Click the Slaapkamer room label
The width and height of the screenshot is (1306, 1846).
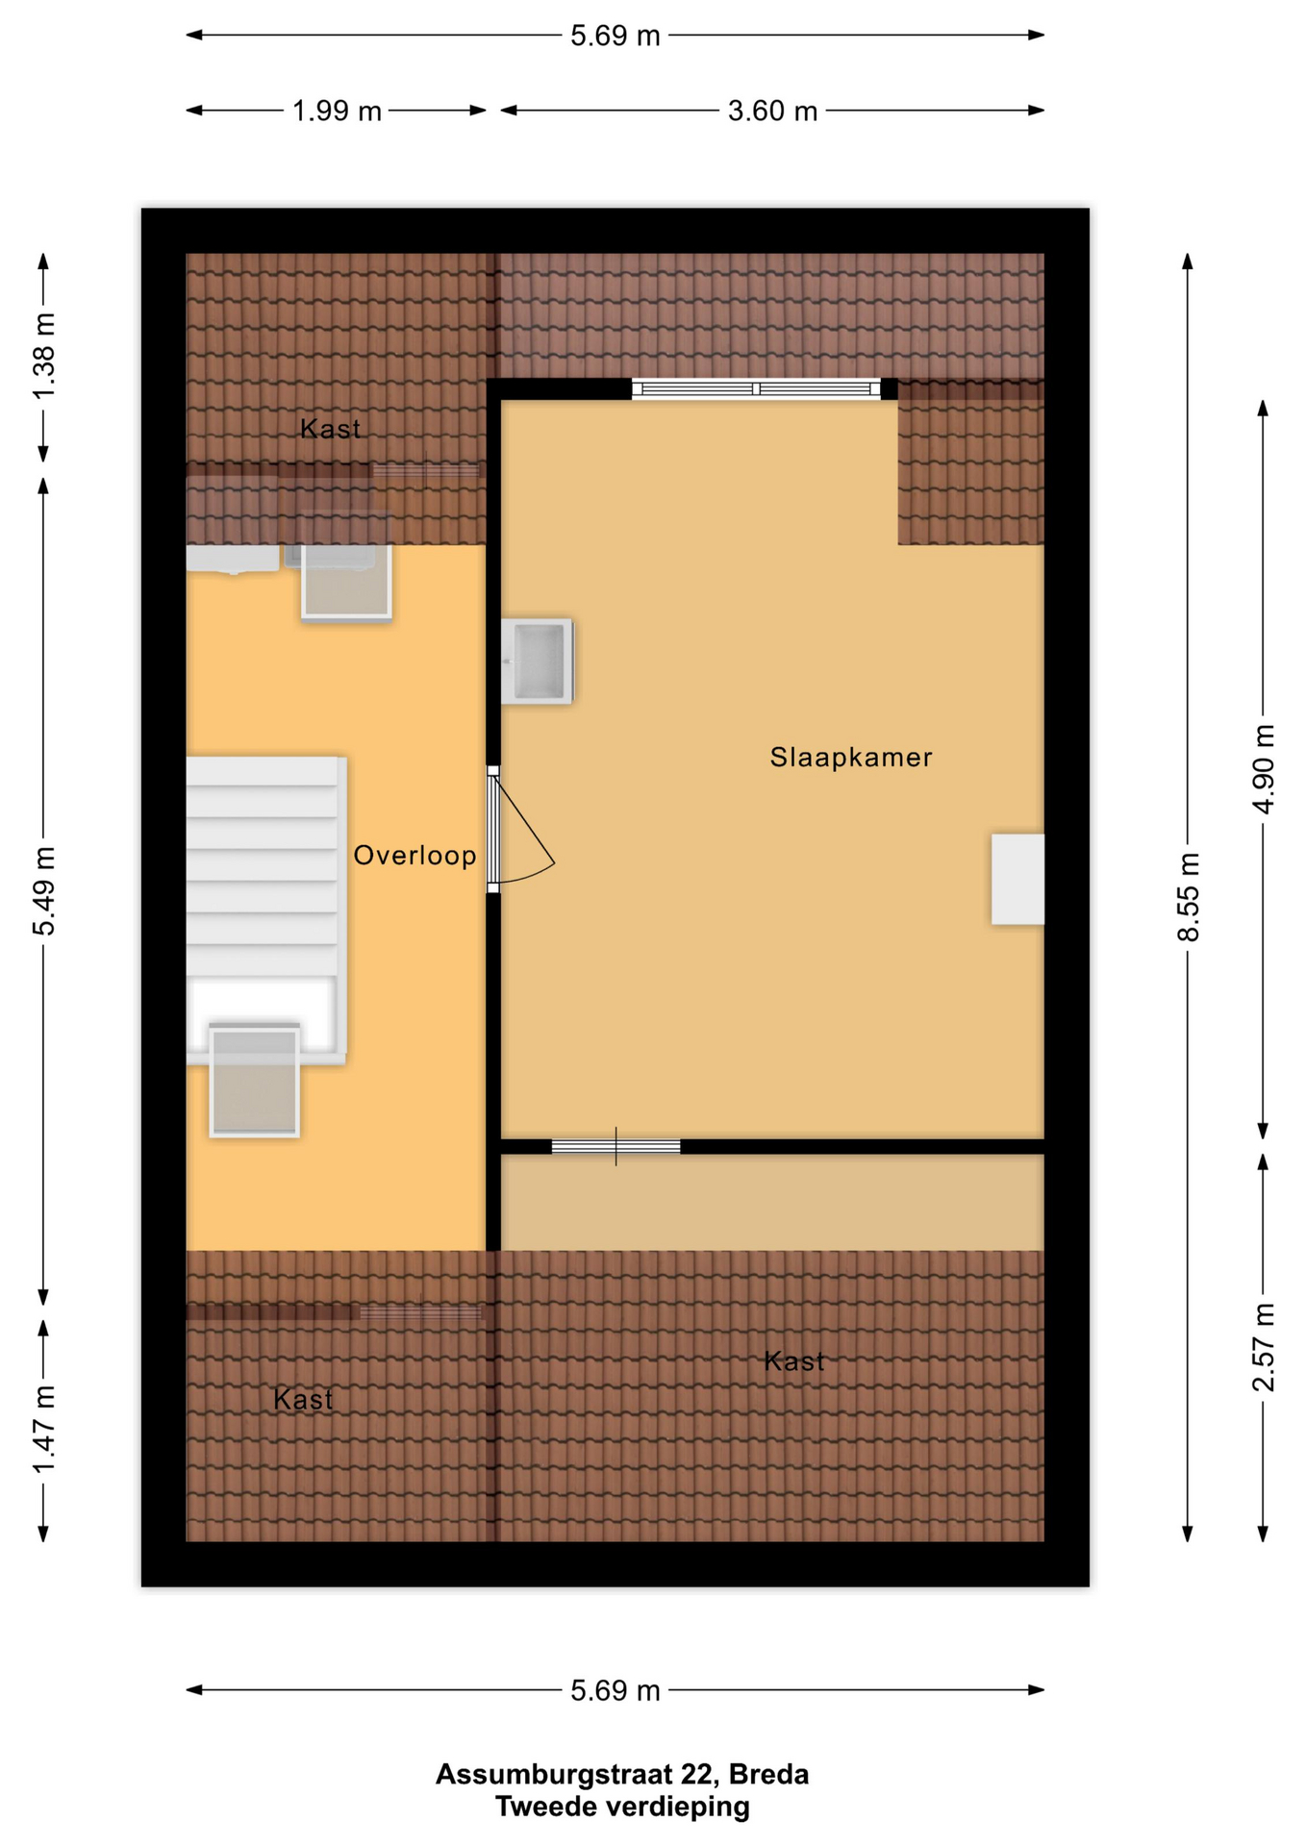click(x=850, y=758)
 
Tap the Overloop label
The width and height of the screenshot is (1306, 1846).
click(x=414, y=856)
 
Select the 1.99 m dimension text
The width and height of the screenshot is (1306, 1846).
click(x=337, y=112)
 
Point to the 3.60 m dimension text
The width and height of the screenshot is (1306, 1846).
click(x=772, y=112)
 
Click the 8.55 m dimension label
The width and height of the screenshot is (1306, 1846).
click(x=1189, y=897)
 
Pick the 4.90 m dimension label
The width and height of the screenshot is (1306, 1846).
click(x=1264, y=769)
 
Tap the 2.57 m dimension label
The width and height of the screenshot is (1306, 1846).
click(x=1264, y=1348)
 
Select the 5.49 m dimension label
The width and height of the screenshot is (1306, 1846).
click(x=44, y=891)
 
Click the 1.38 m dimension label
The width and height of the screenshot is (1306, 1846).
click(x=44, y=356)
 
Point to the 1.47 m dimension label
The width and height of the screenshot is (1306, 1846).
click(x=44, y=1430)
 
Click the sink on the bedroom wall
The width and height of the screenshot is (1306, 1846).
click(x=537, y=661)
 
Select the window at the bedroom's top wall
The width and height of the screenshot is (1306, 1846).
click(x=756, y=388)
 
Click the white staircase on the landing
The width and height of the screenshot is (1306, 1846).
click(x=265, y=910)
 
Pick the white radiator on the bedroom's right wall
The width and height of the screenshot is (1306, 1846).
click(x=1017, y=880)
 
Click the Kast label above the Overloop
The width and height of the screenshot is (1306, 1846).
click(x=330, y=429)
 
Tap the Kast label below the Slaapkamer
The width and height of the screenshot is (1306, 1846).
click(x=793, y=1361)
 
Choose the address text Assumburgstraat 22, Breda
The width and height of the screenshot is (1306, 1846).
click(x=622, y=1775)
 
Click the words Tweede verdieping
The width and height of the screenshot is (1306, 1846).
click(x=622, y=1808)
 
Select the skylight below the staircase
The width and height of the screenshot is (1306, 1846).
click(x=255, y=1082)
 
